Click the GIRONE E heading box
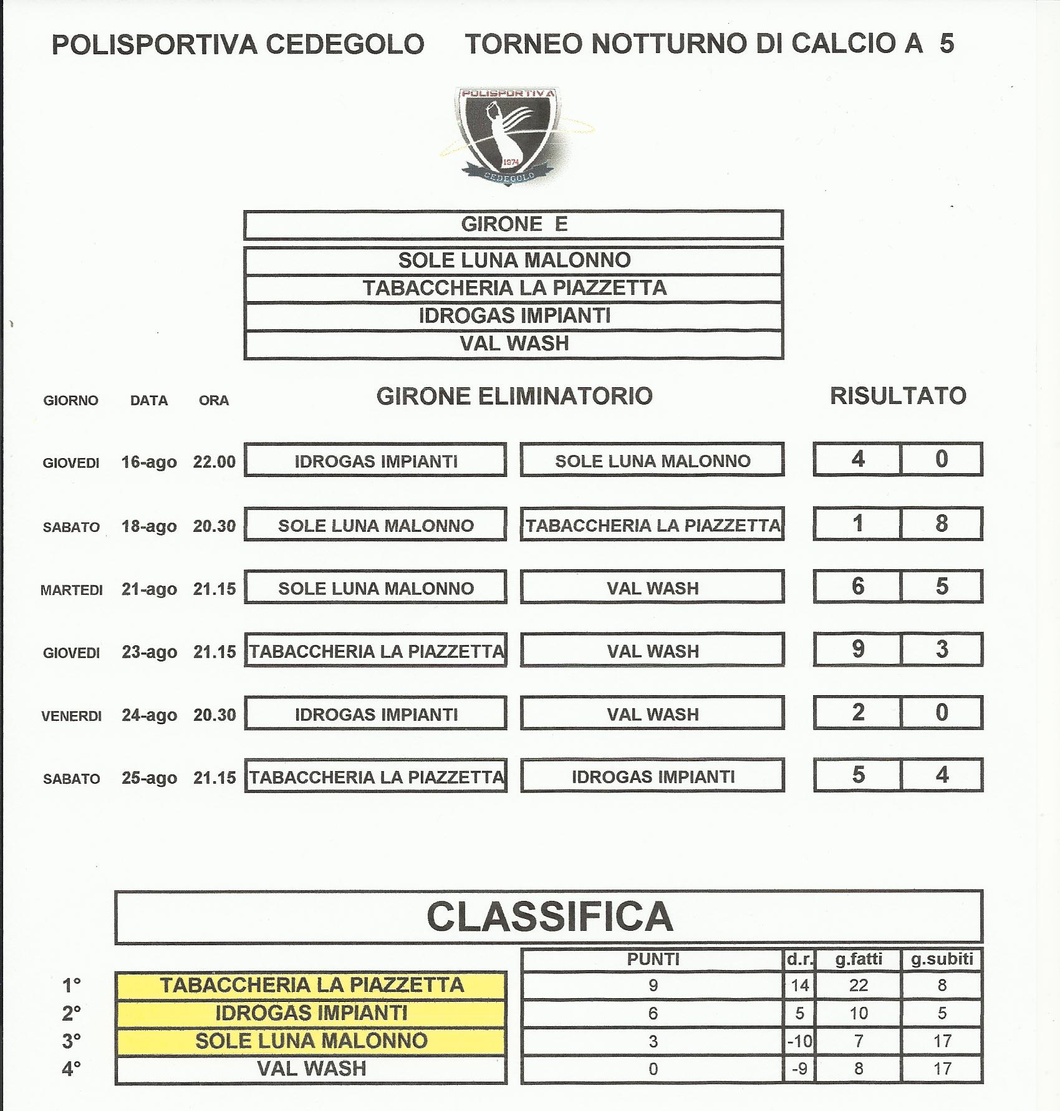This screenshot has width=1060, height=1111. click(513, 224)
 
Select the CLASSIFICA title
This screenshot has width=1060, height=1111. click(549, 916)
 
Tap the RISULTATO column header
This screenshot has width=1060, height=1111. click(897, 396)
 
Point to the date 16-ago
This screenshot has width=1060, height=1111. click(149, 462)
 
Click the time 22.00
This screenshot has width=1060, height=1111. click(214, 462)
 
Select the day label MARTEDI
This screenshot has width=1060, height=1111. click(71, 590)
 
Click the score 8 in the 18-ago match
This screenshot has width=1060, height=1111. click(941, 523)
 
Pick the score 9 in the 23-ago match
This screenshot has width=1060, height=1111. click(858, 649)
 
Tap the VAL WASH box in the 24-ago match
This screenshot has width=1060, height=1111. click(652, 714)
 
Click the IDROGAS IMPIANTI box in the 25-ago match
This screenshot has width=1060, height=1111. click(652, 777)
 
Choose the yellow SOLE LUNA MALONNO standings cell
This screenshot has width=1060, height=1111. click(311, 1041)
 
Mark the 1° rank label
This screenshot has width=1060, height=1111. click(72, 985)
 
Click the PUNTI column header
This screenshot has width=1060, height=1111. click(652, 959)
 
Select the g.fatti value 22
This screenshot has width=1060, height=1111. click(858, 985)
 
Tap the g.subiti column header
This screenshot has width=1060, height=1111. click(942, 959)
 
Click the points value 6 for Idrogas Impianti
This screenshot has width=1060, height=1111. click(652, 1013)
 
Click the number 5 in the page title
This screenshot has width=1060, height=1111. click(947, 44)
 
